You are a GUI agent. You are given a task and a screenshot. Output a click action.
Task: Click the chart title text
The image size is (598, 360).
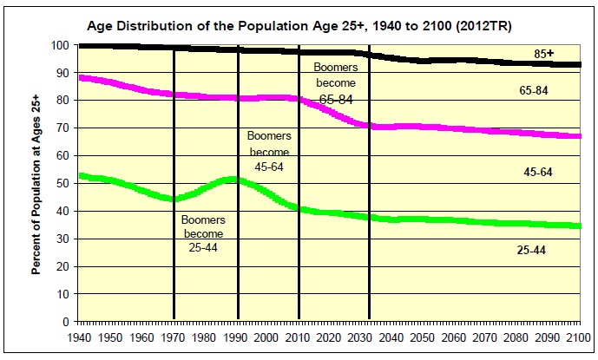(x=299, y=25)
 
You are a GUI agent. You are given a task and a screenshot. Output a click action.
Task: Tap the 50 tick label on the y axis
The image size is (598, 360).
(x=62, y=183)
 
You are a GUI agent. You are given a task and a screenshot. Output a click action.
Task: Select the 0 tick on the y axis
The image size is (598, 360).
(x=65, y=322)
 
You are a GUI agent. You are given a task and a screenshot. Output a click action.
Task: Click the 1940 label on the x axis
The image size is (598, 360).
(x=78, y=337)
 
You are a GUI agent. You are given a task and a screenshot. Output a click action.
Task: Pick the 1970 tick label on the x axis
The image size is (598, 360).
(x=174, y=337)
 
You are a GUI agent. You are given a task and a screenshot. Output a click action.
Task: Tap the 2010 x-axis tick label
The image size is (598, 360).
(x=299, y=337)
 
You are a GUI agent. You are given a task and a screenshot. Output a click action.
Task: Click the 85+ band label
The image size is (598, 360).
(x=544, y=54)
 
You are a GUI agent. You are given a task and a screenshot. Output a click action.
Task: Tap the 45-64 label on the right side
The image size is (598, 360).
(x=539, y=173)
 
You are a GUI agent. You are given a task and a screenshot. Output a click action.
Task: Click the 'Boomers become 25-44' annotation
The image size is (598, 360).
(x=203, y=233)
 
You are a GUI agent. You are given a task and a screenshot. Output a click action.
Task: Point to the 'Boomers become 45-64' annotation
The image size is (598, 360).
(x=269, y=151)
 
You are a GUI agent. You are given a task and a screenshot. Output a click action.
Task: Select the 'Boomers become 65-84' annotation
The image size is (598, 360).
(x=335, y=82)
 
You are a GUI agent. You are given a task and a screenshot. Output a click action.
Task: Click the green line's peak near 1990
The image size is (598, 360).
(x=231, y=180)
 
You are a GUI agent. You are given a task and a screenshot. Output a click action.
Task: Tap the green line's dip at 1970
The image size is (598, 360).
(x=174, y=199)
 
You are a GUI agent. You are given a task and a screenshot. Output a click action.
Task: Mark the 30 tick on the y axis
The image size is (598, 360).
(x=62, y=239)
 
